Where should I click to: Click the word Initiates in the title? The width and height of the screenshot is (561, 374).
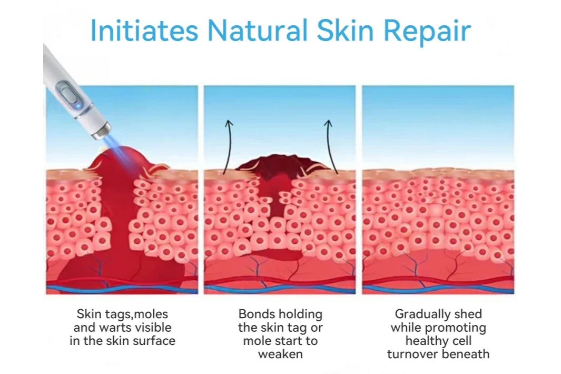[144, 30]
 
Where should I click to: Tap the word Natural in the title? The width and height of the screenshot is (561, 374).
[257, 30]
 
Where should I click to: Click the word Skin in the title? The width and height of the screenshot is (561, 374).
[345, 30]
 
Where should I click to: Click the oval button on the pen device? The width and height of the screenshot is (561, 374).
[68, 94]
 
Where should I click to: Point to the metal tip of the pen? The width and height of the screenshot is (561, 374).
[101, 131]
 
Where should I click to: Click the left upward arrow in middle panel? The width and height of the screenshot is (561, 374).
[228, 147]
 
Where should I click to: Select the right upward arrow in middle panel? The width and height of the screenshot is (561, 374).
[331, 147]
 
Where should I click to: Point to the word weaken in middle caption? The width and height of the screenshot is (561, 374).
[280, 354]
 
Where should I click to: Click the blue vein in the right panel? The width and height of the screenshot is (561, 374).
[438, 288]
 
